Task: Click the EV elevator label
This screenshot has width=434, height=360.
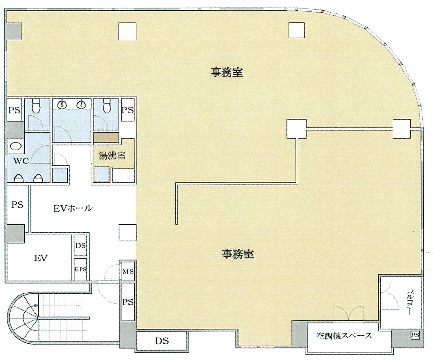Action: coord(41,258)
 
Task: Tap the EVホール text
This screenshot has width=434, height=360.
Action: coord(73,208)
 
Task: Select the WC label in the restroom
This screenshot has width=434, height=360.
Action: coord(21,161)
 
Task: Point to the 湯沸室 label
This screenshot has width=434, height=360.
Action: coord(112,156)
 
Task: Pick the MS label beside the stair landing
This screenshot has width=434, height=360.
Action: coord(128,272)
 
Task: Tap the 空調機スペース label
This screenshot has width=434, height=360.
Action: coord(344,336)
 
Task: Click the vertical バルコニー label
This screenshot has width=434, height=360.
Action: coord(409,303)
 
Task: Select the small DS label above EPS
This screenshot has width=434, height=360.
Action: coord(81,245)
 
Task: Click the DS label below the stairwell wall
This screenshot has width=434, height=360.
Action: coord(162,341)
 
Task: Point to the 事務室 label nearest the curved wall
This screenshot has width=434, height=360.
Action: coord(227,72)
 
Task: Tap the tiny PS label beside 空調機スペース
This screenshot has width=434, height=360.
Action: coord(415,335)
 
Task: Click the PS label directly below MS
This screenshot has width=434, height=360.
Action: coord(128,302)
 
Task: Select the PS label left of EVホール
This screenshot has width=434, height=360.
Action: coord(17,205)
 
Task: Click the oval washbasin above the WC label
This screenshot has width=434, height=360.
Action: coord(15,146)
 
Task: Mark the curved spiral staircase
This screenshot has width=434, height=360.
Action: coord(23,318)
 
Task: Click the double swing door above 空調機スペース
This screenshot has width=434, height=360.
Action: coord(348,313)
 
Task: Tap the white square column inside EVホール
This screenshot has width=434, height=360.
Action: coord(128,233)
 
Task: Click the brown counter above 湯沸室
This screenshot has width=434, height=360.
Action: coord(106,137)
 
